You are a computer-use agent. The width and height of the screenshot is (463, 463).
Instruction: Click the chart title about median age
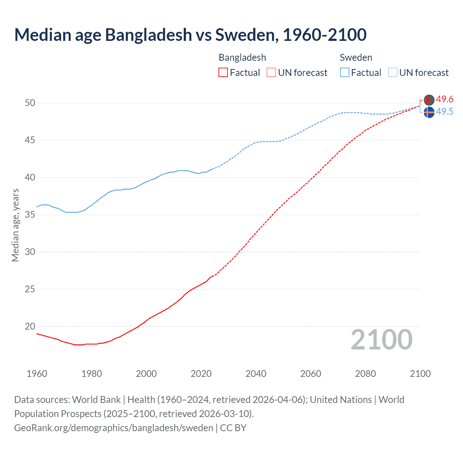[190, 35]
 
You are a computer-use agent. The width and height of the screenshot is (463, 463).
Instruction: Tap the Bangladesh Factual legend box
[223, 72]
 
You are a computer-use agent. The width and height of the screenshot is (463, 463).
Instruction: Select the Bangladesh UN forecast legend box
[271, 72]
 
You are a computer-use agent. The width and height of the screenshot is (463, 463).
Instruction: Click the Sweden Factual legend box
[344, 72]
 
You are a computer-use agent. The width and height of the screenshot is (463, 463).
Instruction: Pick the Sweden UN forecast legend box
[392, 72]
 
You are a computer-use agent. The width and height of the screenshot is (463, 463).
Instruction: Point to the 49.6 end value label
[445, 99]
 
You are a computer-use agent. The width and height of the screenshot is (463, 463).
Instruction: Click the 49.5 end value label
[445, 111]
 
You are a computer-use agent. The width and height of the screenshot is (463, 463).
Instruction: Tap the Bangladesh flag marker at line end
[429, 99]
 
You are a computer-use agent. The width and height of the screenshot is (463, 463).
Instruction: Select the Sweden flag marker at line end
[429, 112]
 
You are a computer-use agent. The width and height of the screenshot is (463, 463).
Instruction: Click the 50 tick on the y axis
[30, 103]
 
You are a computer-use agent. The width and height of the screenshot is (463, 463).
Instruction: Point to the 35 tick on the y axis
[30, 214]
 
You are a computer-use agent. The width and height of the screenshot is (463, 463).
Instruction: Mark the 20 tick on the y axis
[30, 326]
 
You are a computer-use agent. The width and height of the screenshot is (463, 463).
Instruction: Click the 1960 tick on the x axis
[37, 374]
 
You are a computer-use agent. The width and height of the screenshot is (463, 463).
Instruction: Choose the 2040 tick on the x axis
[256, 374]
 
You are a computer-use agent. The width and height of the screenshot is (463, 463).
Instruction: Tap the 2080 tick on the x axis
[365, 374]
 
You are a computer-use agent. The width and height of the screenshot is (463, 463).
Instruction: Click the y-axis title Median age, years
[15, 225]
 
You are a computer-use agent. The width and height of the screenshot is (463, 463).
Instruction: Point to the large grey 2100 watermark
[381, 339]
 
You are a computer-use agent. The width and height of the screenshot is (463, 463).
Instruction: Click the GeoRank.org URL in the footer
[114, 428]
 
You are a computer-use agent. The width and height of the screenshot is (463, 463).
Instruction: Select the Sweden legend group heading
[356, 58]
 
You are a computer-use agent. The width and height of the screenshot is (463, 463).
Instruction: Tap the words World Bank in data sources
[96, 399]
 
